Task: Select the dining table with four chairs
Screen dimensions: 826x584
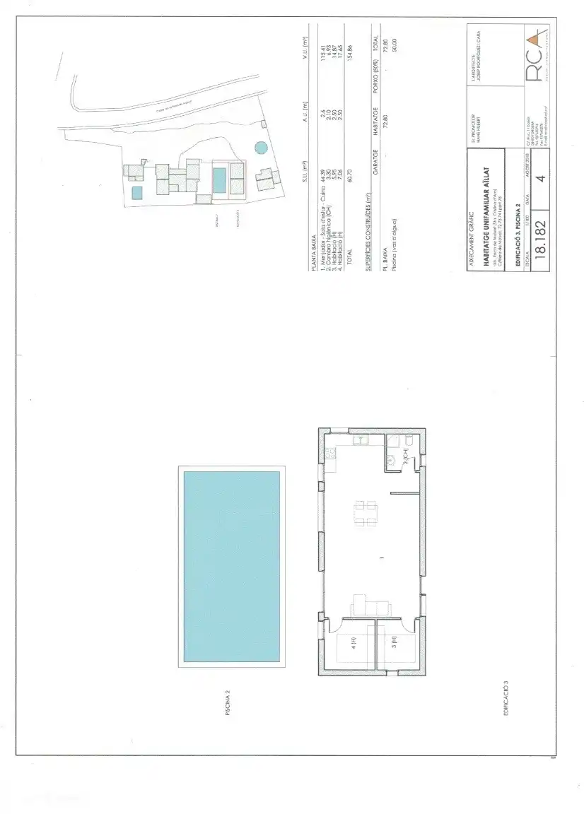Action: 365,513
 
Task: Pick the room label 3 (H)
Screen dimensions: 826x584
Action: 395,643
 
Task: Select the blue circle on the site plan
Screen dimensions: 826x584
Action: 261,148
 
